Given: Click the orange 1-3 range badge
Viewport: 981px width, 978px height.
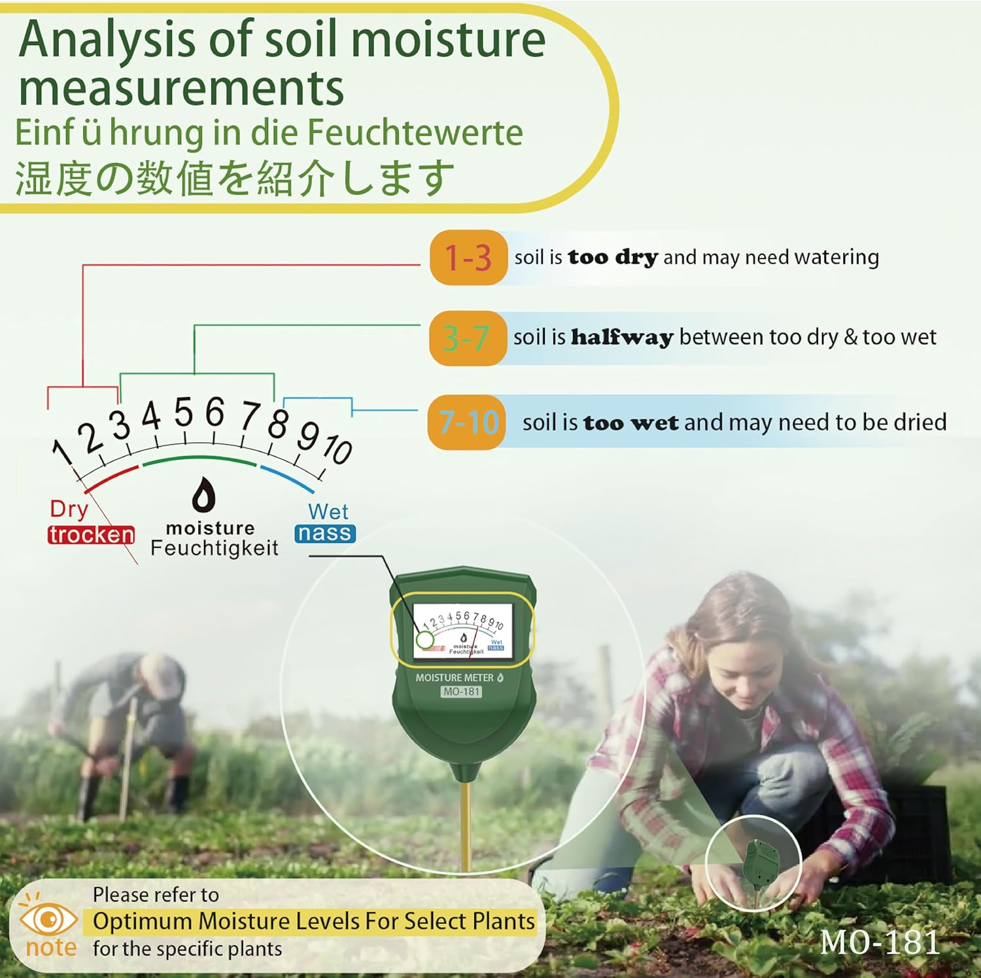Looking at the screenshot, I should tap(468, 257).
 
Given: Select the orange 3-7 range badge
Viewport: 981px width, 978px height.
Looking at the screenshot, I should tap(467, 338).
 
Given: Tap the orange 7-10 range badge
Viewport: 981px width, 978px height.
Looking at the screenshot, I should tap(467, 422).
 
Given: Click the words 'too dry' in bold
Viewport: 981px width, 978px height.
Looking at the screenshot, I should tap(613, 257).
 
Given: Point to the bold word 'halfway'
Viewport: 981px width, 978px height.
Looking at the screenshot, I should tap(622, 337).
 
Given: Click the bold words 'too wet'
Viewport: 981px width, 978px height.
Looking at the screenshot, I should tap(630, 423).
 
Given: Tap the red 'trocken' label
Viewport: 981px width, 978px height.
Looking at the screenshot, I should tap(91, 534).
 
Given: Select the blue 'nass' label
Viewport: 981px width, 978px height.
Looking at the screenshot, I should tap(324, 533).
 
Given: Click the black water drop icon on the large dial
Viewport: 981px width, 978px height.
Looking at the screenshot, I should tap(203, 495).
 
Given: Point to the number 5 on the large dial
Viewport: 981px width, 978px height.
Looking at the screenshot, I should tap(184, 412).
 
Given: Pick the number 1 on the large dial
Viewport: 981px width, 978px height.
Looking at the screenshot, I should tap(63, 451).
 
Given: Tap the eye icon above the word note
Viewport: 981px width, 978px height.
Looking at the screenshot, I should tap(48, 920).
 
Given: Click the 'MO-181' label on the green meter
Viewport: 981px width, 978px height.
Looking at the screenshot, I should tap(462, 691).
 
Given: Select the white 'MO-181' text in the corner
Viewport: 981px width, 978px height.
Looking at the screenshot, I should tap(880, 943).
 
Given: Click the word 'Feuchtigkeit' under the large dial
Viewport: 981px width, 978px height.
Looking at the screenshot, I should tap(215, 548).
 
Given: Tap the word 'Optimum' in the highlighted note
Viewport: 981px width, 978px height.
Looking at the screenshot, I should tap(142, 921).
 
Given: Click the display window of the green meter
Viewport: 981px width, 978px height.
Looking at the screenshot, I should tap(462, 631).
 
